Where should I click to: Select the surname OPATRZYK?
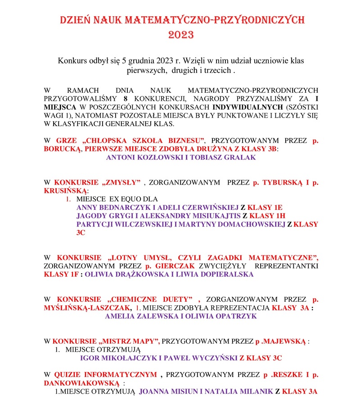234,316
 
